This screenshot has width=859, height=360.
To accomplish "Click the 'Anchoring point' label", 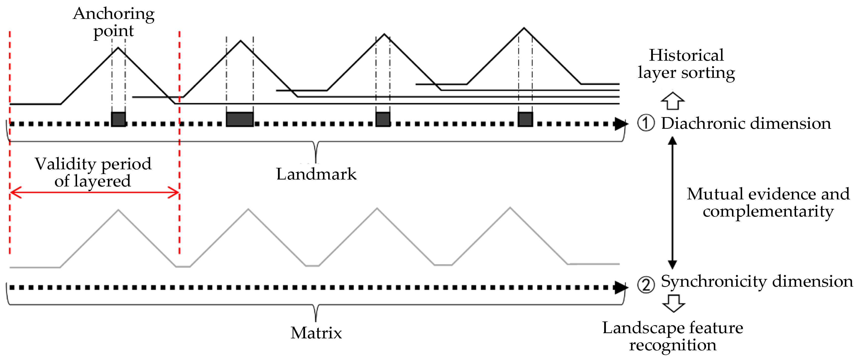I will tap(113, 22).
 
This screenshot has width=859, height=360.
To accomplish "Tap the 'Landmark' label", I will tap(316, 174).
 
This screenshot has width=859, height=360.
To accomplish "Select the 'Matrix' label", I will tap(316, 333).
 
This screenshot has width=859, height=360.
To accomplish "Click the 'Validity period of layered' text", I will tap(93, 172).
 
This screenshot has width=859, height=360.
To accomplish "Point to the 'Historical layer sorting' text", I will tap(686, 64).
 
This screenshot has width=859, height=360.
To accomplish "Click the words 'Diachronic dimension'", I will tap(746, 123).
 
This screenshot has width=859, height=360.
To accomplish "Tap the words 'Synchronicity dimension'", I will tap(757, 281).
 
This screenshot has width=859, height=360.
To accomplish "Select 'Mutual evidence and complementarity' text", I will tap(768, 202).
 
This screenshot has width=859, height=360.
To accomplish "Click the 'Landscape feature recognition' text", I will tap(673, 336).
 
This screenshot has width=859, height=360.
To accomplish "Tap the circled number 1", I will tap(646, 123).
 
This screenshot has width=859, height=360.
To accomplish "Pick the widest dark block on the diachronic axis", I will tap(240, 119).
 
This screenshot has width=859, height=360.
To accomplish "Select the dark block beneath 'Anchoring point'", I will tap(118, 119).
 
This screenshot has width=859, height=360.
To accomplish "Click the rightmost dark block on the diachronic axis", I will tap(525, 119).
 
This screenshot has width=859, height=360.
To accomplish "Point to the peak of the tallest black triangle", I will tap(524, 28).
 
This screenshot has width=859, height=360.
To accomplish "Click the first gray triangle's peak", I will tap(118, 210).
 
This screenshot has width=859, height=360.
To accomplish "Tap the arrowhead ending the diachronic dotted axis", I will tap(621, 124).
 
